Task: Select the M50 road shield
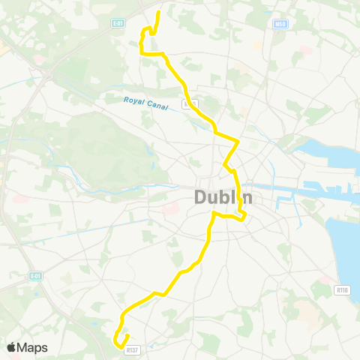[x=280, y=24]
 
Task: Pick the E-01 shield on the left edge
[x=34, y=276]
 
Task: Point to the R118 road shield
[x=343, y=289]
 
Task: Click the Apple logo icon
[x=11, y=347]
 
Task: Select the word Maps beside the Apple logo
[x=33, y=347]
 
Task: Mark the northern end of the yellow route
[x=159, y=12]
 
